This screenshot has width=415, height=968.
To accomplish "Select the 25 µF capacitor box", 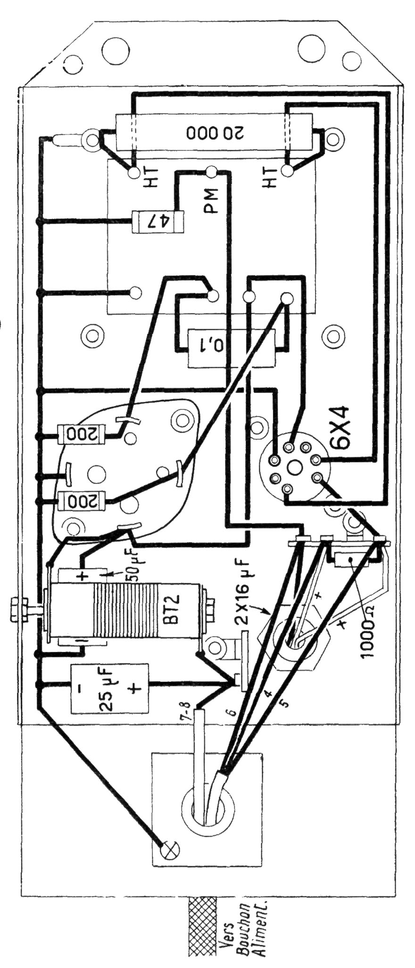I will [x=107, y=689].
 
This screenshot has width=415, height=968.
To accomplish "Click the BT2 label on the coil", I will [x=171, y=612].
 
